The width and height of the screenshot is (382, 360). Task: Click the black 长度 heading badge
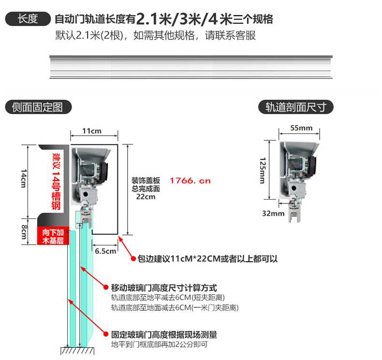(x=28, y=19)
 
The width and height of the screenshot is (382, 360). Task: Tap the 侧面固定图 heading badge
(x=38, y=107)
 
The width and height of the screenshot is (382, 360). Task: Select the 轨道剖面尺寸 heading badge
(x=296, y=107)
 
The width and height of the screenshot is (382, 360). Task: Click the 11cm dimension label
(x=91, y=131)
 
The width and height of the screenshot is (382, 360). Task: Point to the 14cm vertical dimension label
(x=23, y=178)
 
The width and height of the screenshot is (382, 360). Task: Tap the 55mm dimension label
(x=301, y=129)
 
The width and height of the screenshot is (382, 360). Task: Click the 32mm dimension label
(x=272, y=213)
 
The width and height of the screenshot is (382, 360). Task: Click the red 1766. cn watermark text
(x=190, y=181)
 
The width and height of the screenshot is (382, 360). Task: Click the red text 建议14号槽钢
(x=56, y=181)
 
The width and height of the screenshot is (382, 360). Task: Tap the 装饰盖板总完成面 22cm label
(x=146, y=188)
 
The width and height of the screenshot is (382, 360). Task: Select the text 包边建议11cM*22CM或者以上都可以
(x=207, y=259)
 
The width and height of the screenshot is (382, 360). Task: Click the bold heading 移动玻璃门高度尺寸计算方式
(x=164, y=288)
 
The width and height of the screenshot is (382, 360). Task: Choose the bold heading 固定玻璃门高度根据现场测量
(x=164, y=334)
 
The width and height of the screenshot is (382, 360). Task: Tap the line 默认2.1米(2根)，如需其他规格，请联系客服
(x=155, y=36)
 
